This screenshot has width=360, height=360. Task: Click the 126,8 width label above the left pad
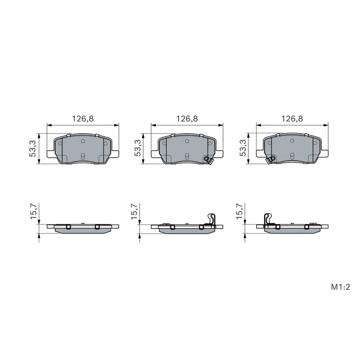pos(83,119)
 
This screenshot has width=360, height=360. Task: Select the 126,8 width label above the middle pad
pos(187,119)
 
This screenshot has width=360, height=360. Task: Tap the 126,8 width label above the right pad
pos(292,119)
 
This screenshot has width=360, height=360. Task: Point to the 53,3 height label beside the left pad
pos(33,148)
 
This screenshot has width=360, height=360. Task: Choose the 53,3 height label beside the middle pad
pos(138,148)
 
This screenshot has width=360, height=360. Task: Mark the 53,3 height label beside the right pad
pos(243,148)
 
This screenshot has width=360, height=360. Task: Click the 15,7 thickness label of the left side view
pos(34,211)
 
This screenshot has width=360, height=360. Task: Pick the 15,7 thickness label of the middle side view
pos(135,211)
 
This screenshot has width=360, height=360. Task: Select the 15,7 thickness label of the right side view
pos(239,211)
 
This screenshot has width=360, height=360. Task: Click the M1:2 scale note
pos(340,287)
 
